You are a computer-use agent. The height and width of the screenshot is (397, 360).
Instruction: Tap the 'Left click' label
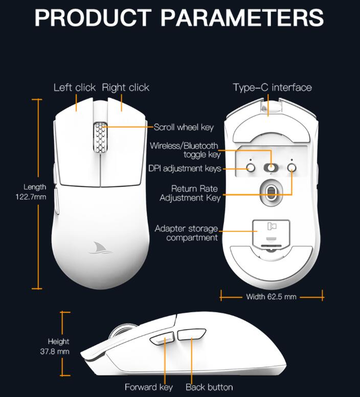coord(75,87)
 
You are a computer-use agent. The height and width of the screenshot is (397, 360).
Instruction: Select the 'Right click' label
coord(126,87)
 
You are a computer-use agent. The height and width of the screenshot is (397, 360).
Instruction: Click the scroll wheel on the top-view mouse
coord(100,137)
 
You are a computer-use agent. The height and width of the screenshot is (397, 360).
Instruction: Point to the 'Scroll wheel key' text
coord(184,127)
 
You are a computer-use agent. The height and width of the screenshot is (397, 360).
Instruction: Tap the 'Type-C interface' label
coord(272,87)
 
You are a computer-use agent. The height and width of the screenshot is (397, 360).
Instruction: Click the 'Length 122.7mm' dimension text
coord(35,192)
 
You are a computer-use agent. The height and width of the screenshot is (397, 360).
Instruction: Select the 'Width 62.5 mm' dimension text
coord(271,296)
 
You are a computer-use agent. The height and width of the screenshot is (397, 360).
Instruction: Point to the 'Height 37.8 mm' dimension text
coord(58,346)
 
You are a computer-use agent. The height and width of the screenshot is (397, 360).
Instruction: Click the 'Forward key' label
coord(149,387)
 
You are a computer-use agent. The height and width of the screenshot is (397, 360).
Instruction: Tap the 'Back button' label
coord(209,387)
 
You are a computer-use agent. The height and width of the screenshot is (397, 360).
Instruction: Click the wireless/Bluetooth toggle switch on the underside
coord(271,168)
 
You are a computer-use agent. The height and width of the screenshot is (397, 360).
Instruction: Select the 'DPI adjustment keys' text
coord(185,168)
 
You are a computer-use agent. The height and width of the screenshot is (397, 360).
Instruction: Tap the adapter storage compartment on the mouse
coord(272,231)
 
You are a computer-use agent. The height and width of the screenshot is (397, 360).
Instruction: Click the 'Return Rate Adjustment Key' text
coord(190,193)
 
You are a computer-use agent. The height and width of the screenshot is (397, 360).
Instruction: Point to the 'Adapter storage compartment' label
coord(186,233)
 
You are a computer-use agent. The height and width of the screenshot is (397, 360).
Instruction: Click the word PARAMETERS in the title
coord(242,17)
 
